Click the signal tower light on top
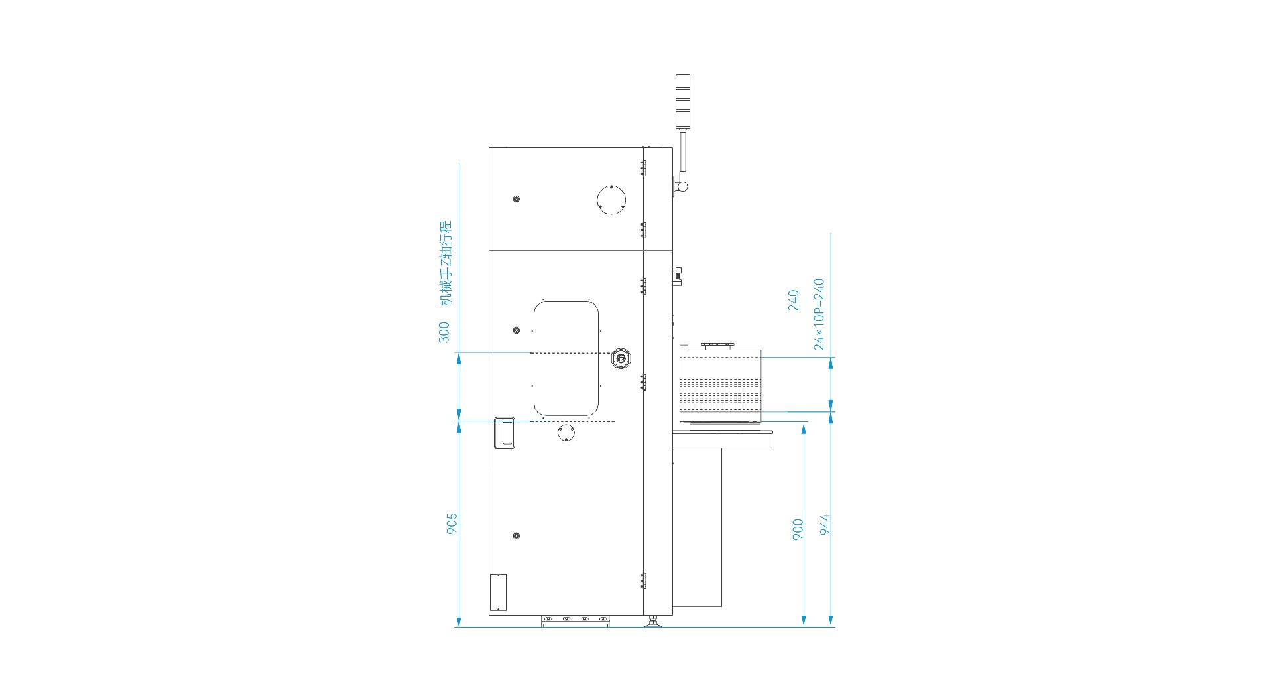(683, 102)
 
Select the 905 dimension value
(452, 523)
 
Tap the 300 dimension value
(444, 332)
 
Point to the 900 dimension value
(798, 529)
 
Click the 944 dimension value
(825, 524)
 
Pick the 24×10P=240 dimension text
(819, 314)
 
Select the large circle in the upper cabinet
(611, 200)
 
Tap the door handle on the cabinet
(505, 433)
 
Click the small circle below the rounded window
(566, 433)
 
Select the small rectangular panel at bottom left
(498, 592)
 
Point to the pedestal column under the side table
(697, 527)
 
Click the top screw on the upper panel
(516, 199)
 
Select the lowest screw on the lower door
(516, 535)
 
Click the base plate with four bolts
(576, 620)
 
